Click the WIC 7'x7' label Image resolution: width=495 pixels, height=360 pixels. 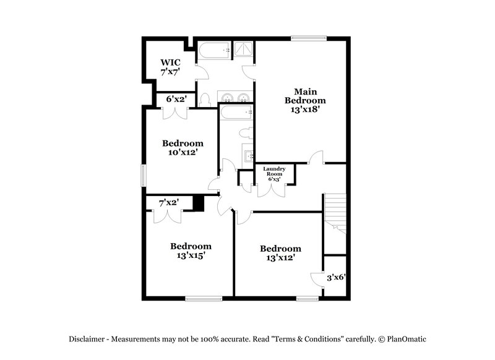[x=170, y=67]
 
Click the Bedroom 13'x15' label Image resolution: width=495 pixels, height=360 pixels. [x=191, y=251]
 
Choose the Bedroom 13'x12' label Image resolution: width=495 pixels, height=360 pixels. [x=280, y=253]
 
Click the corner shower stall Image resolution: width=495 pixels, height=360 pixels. [x=244, y=49]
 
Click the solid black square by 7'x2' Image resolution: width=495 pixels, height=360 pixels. [x=199, y=204]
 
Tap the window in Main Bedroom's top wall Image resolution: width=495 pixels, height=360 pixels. [x=309, y=39]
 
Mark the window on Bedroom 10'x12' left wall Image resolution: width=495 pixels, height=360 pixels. [x=143, y=175]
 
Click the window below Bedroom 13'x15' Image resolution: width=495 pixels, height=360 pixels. [x=204, y=299]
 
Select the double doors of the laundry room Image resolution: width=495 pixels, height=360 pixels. [x=272, y=189]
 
